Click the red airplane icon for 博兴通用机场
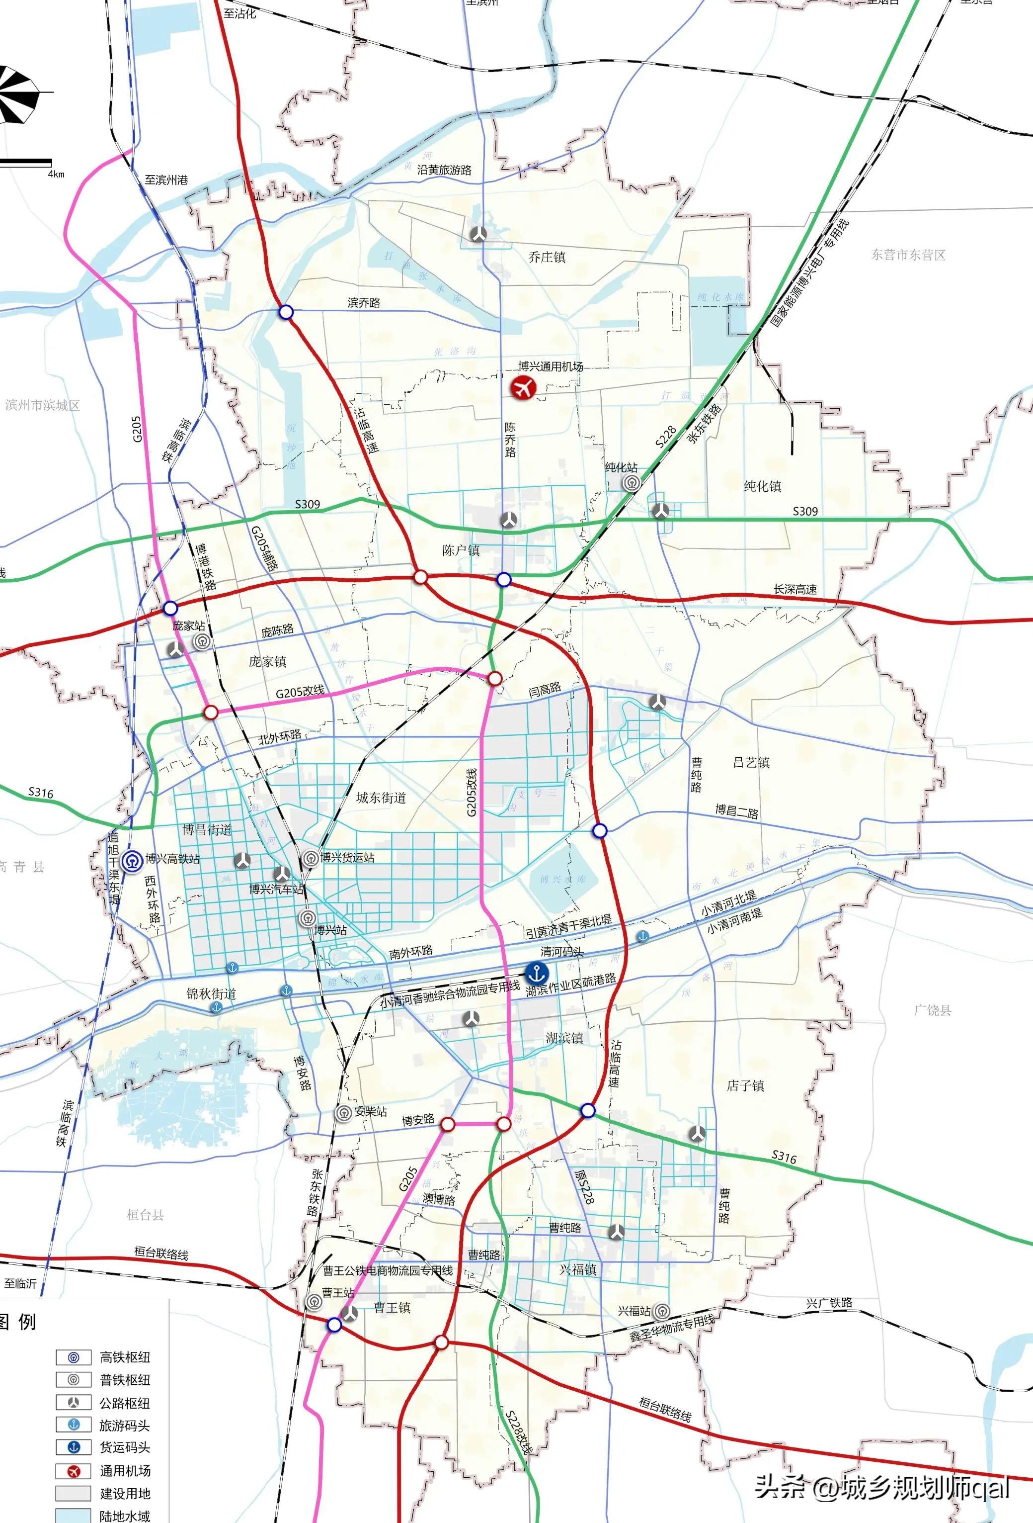pyautogui.click(x=523, y=387)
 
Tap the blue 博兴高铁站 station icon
pyautogui.click(x=134, y=860)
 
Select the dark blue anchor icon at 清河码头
pyautogui.click(x=537, y=972)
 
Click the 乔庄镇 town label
pyautogui.click(x=547, y=257)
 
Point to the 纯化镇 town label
pyautogui.click(x=763, y=486)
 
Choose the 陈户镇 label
pyautogui.click(x=461, y=550)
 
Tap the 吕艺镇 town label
pyautogui.click(x=751, y=762)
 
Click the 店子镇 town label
pyautogui.click(x=745, y=1085)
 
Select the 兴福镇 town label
pyautogui.click(x=578, y=1269)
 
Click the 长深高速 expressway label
pyautogui.click(x=795, y=589)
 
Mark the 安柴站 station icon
pyautogui.click(x=343, y=1113)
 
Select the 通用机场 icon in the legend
pyautogui.click(x=74, y=1471)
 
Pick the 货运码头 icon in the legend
pyautogui.click(x=74, y=1447)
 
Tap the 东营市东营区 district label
pyautogui.click(x=908, y=255)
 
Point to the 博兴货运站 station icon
pyautogui.click(x=311, y=857)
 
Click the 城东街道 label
pyautogui.click(x=381, y=798)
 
